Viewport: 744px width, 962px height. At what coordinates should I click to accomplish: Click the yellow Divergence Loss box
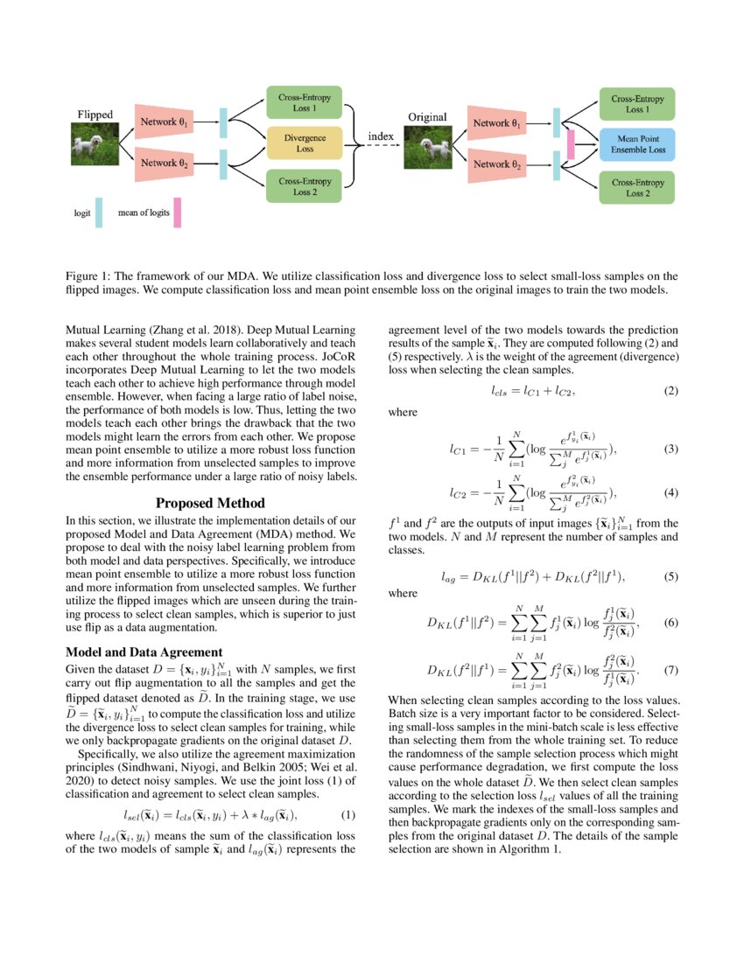click(x=305, y=144)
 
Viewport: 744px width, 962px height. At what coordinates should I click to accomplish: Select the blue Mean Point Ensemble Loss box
click(x=637, y=144)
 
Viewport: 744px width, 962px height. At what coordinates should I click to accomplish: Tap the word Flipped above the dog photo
click(x=95, y=115)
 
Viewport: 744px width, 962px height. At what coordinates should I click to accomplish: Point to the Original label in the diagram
click(x=427, y=116)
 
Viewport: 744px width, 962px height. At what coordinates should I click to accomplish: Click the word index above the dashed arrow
click(x=380, y=136)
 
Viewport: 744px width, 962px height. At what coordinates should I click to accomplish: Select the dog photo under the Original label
click(x=427, y=146)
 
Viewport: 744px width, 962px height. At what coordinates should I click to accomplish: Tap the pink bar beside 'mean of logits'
click(x=177, y=213)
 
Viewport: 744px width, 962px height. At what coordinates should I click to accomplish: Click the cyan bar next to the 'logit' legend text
click(x=99, y=213)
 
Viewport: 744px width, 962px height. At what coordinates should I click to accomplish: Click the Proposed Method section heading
click(x=210, y=503)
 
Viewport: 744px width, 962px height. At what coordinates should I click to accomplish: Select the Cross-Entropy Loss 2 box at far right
click(x=637, y=186)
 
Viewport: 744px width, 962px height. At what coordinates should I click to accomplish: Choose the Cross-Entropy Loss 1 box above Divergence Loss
click(x=305, y=102)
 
